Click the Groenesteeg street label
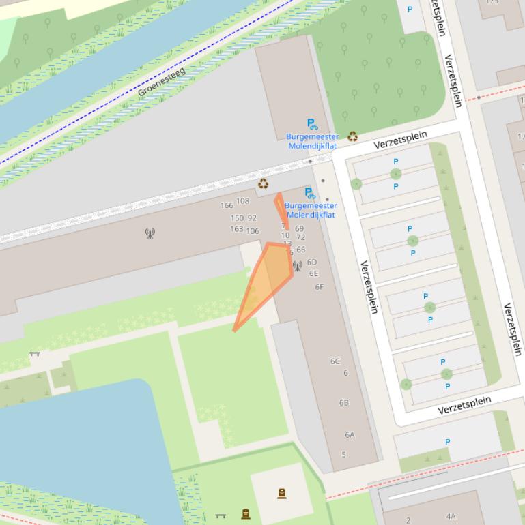coord(162,82)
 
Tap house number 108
coord(242,201)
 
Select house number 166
coord(227,205)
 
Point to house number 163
coord(236,229)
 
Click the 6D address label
coord(312,262)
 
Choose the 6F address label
coord(319,287)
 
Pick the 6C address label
coord(335,361)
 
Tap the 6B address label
coord(343,403)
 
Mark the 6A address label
coord(350,434)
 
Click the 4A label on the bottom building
coord(451,517)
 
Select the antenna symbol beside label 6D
coord(298,266)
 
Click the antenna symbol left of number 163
coord(150,233)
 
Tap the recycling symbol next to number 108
coord(263,183)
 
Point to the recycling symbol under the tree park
coord(352,136)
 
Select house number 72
coord(300,237)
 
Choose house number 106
coord(253,231)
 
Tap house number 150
coord(237,218)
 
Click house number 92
coord(252,218)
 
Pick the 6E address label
coord(313,273)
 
